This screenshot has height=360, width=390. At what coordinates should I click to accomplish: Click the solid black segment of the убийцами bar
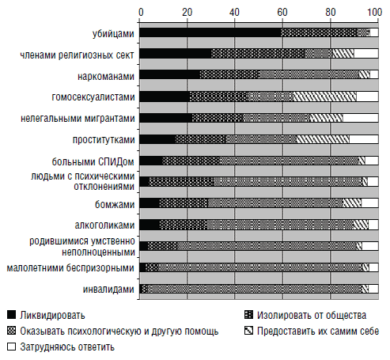[x=210, y=32]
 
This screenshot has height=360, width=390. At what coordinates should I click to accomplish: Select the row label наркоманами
[x=106, y=77]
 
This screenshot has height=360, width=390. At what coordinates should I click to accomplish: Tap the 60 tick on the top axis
[x=282, y=12]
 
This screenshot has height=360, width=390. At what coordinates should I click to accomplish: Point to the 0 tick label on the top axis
[x=141, y=12]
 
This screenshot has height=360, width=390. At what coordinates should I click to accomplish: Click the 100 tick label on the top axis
[x=374, y=12]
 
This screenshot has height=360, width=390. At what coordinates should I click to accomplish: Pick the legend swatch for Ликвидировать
[x=12, y=315]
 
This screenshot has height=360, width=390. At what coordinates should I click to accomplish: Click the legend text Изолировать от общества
[x=312, y=315]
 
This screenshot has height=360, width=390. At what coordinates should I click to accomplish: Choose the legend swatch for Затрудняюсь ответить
[x=12, y=347]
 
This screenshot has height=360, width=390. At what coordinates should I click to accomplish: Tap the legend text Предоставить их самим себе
[x=318, y=331]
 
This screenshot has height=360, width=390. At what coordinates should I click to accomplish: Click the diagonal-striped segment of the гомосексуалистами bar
[x=324, y=97]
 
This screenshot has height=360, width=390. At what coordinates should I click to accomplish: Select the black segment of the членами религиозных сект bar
[x=176, y=54]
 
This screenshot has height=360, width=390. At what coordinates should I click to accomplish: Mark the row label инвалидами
[x=108, y=290]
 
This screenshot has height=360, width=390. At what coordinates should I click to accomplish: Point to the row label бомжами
[x=115, y=204]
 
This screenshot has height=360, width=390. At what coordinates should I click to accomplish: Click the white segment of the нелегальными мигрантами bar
[x=361, y=118]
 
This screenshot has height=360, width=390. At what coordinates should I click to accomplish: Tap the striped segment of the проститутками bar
[x=323, y=139]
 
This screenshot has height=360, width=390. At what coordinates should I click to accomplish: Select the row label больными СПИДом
[x=93, y=161]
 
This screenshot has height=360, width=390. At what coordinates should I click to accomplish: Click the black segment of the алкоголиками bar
[x=150, y=225]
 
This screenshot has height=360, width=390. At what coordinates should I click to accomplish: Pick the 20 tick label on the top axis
[x=187, y=12]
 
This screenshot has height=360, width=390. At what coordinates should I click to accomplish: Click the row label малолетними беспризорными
[x=70, y=268]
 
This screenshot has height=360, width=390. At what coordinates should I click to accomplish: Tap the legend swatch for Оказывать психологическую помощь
[x=12, y=331]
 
